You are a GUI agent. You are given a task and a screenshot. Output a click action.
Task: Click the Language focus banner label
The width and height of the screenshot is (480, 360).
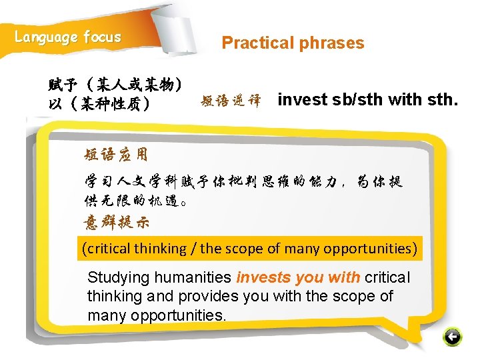click(68, 37)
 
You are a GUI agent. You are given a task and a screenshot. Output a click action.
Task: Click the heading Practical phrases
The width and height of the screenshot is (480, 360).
click(293, 43)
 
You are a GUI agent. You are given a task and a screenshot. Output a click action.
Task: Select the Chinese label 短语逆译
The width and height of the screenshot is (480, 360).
click(230, 101)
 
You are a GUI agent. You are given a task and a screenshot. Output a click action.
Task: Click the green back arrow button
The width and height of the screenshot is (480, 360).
click(453, 337)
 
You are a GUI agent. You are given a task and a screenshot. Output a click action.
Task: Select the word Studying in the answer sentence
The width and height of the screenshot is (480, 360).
click(117, 277)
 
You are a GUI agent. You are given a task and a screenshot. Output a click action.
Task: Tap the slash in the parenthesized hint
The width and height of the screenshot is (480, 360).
click(194, 249)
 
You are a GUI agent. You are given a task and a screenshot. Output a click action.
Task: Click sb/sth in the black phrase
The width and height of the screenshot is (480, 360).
click(358, 100)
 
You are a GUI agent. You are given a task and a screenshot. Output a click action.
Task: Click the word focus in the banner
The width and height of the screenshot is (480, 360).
click(102, 37)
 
